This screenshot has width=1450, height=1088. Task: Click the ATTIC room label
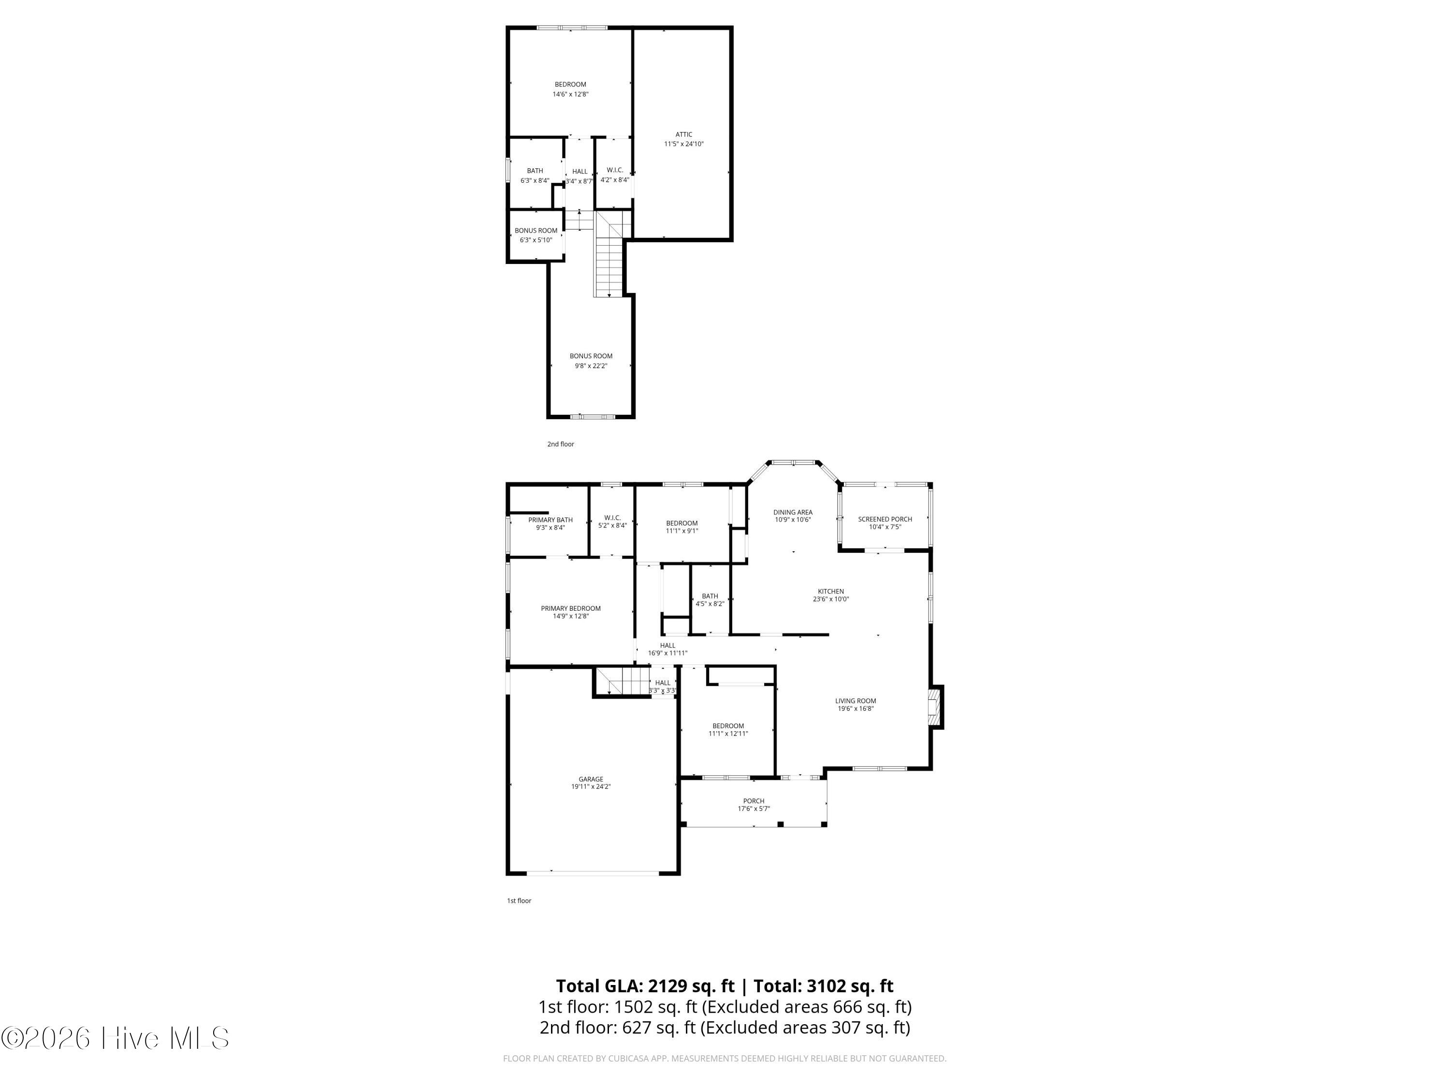[684, 134]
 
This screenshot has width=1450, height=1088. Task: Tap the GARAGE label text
[591, 779]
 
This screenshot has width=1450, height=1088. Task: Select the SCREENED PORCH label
[885, 519]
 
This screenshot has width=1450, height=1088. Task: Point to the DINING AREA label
[793, 512]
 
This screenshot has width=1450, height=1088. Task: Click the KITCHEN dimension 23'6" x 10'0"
[830, 599]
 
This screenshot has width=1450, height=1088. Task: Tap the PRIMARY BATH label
[551, 520]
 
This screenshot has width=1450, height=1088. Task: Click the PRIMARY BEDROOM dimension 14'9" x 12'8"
[571, 616]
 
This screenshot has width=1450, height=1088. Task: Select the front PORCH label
[754, 801]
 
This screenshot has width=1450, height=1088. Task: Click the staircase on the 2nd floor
[609, 254]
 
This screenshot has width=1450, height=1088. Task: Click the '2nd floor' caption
[561, 444]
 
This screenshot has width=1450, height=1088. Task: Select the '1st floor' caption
[519, 900]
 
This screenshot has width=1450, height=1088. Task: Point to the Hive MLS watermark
[116, 1038]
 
